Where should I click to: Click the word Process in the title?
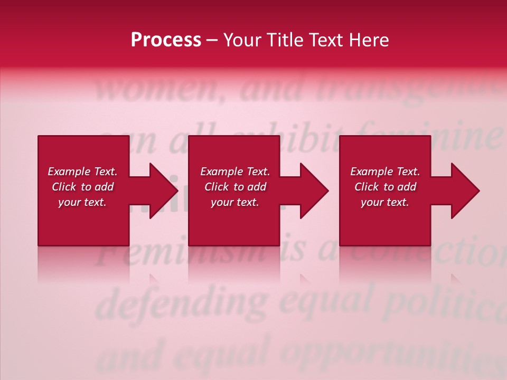point(166,40)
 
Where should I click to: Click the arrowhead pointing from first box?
point(162,191)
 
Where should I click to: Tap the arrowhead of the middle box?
point(313,191)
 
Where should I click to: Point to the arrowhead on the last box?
point(464,191)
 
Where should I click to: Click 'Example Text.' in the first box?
point(82,172)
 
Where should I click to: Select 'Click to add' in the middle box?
point(235,187)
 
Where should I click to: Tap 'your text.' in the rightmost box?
point(384,202)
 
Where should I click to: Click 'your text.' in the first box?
point(82,202)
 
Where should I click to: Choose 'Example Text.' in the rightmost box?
point(385,172)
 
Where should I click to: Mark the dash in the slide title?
point(212,40)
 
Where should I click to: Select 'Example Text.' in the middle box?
point(235,172)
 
